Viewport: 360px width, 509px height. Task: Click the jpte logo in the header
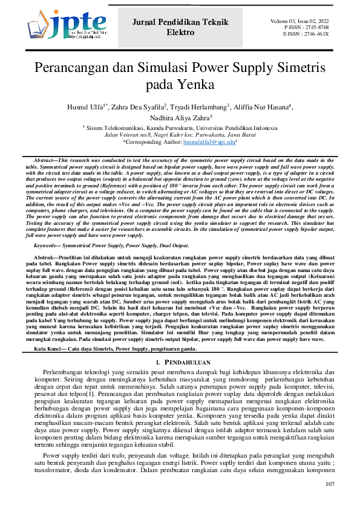point(59,25)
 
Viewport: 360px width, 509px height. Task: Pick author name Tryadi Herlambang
point(205,107)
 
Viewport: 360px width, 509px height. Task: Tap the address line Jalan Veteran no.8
point(180,135)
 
